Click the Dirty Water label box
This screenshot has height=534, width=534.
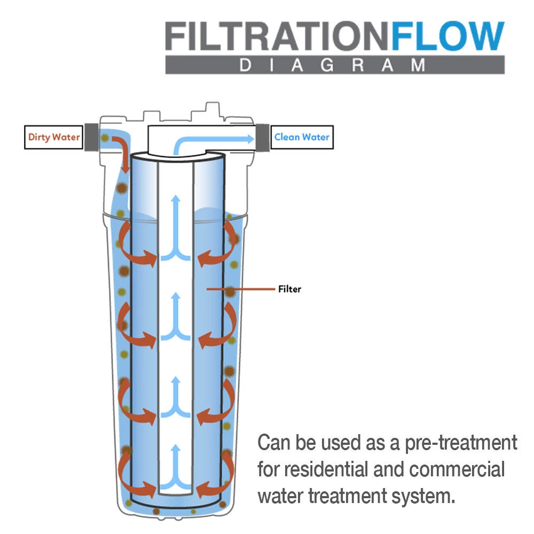pyautogui.click(x=54, y=137)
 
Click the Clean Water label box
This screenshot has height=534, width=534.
pyautogui.click(x=302, y=137)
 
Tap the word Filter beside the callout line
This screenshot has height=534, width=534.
pyautogui.click(x=289, y=289)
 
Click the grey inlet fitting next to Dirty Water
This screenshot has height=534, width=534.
pyautogui.click(x=90, y=137)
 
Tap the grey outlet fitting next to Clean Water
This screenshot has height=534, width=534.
pyautogui.click(x=264, y=137)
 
